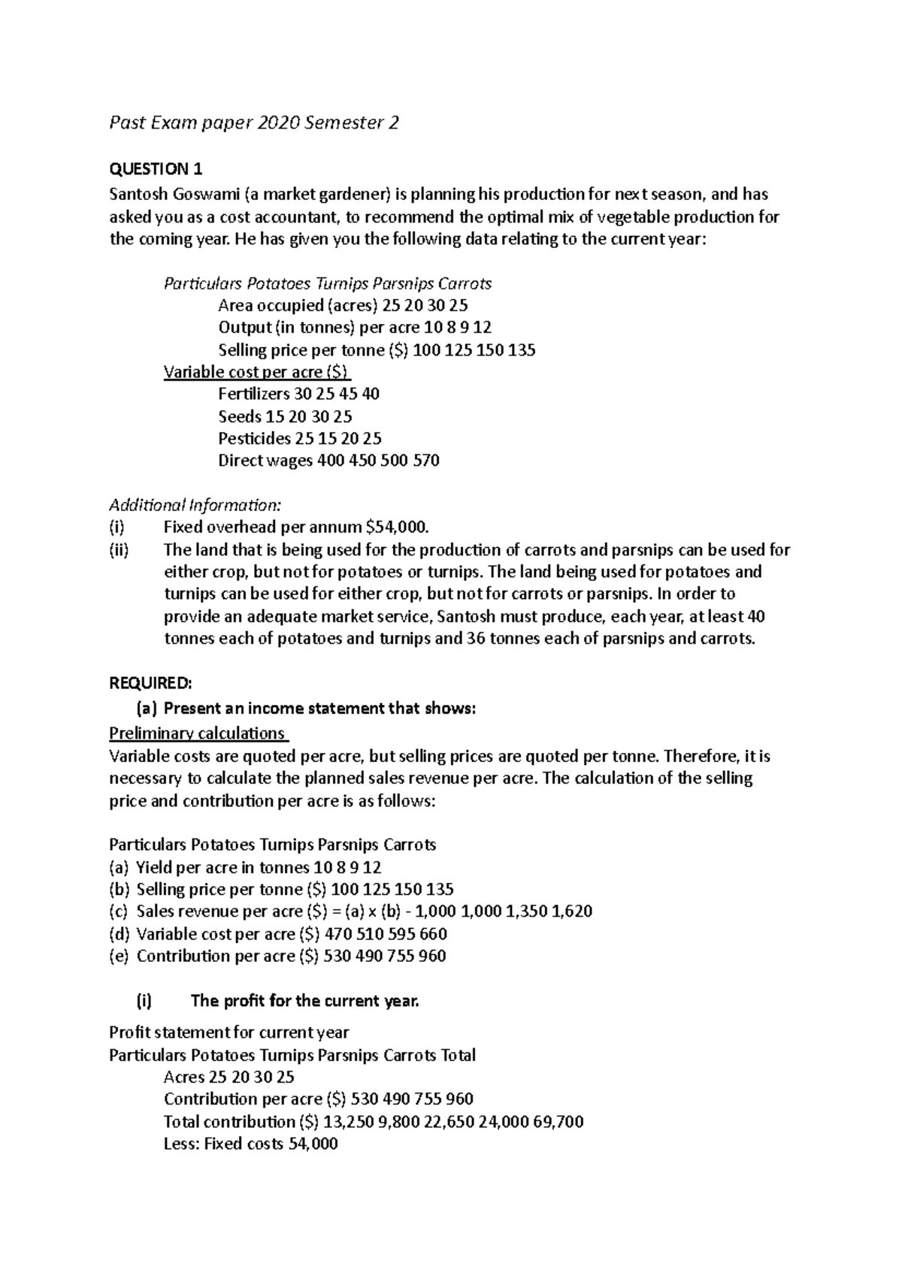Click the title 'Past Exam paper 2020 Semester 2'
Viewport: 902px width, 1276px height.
254,123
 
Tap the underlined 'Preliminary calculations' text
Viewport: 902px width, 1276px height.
198,733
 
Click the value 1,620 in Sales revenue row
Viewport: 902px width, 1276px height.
571,912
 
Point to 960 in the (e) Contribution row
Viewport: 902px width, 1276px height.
433,956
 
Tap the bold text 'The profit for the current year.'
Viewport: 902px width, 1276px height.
304,1001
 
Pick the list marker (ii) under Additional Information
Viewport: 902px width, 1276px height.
120,550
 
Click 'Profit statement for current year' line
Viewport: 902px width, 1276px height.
229,1033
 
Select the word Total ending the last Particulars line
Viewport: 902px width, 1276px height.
458,1055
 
